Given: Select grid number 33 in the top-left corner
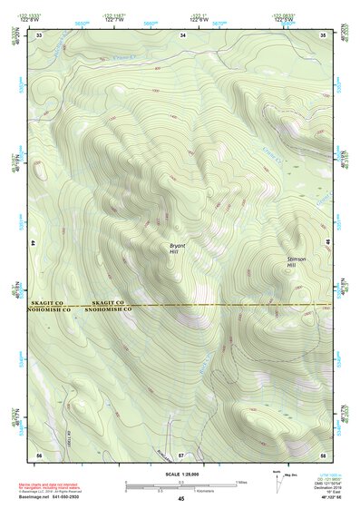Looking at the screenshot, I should point(39,34).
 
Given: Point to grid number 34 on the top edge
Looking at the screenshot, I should point(183,34).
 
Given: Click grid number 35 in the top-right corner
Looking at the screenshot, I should point(324,34).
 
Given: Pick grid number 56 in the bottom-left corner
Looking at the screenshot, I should point(39,453).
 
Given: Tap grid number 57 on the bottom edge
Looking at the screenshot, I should point(180,453).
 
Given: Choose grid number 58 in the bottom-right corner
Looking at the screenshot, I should point(324,453).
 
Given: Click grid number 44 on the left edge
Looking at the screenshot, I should point(34,243).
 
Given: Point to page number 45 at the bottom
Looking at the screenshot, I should point(180,499).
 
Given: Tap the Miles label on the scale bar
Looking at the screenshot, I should point(241,481).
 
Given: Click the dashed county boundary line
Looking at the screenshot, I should point(227,304).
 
